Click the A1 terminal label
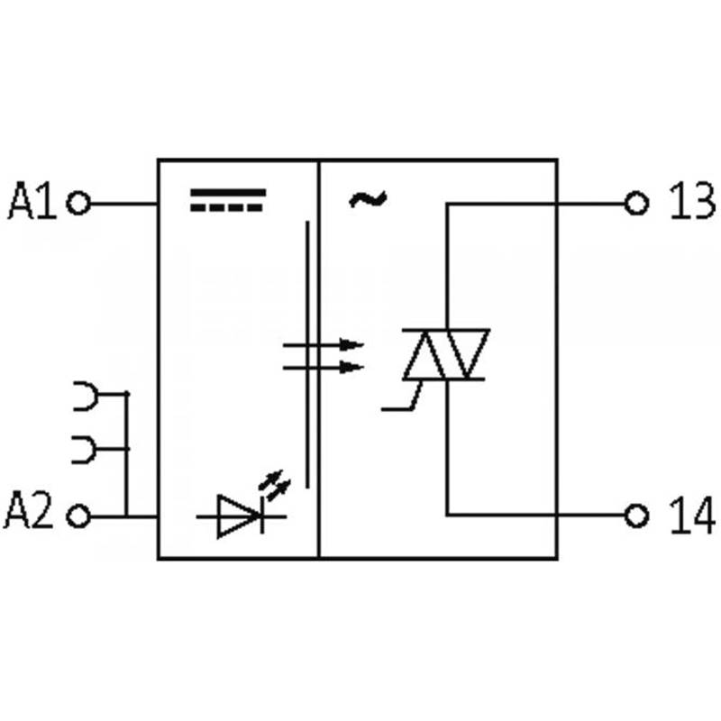[x=32, y=200]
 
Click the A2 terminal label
[x=29, y=510]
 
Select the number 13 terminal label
[x=692, y=200]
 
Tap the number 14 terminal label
[x=692, y=516]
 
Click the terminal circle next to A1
[x=78, y=203]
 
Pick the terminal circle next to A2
[x=78, y=516]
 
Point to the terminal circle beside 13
[x=637, y=204]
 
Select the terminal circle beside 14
[x=637, y=516]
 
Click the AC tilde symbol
[x=368, y=199]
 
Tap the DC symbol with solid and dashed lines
[x=228, y=199]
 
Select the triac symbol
[x=445, y=354]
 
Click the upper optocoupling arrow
[x=324, y=344]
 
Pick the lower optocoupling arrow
[x=324, y=367]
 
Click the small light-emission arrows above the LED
[x=275, y=485]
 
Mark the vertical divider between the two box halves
[x=318, y=359]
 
